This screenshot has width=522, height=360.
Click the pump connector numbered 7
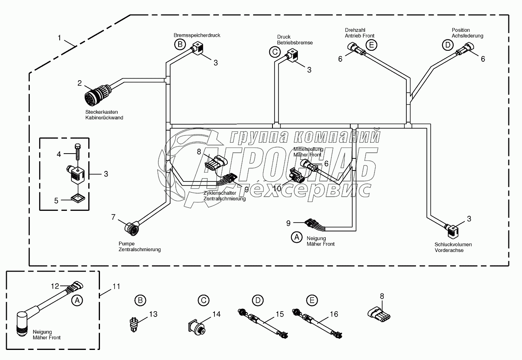pyautogui.click(x=131, y=228)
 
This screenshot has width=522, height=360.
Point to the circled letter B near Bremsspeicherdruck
pyautogui.click(x=180, y=45)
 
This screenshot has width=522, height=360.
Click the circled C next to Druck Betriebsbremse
pyautogui.click(x=275, y=52)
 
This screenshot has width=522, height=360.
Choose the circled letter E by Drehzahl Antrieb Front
pyautogui.click(x=371, y=45)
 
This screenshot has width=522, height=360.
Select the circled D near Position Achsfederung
pyautogui.click(x=447, y=45)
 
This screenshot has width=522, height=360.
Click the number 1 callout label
pyautogui.click(x=60, y=38)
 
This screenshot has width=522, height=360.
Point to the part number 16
pyautogui.click(x=333, y=314)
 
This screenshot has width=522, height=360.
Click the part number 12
pyautogui.click(x=55, y=286)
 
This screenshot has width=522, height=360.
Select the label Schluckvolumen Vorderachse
pyautogui.click(x=453, y=247)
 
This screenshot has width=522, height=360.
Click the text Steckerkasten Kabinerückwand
pyautogui.click(x=104, y=115)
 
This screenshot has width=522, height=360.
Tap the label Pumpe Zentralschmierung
pyautogui.click(x=139, y=246)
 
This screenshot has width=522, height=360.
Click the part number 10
pyautogui.click(x=277, y=189)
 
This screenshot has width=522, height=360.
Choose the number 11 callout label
pyautogui.click(x=116, y=287)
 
